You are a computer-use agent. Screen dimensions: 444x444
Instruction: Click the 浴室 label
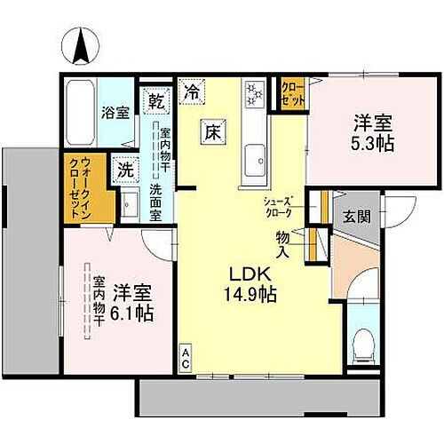[114, 113]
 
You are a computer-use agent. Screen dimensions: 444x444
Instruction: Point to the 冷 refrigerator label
[192, 89]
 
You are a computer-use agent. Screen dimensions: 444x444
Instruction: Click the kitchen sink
[255, 158]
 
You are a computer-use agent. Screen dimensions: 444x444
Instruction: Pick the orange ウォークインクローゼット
[79, 188]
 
